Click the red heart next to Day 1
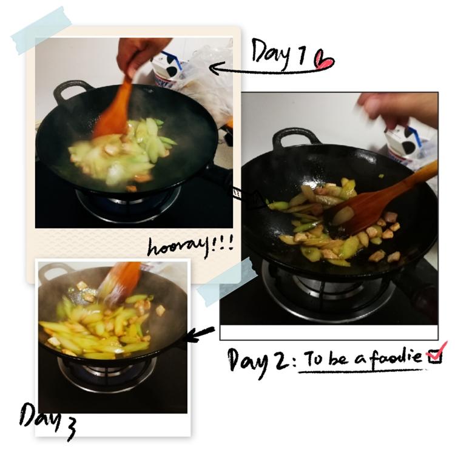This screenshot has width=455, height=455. point(324,60)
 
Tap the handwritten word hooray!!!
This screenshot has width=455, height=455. point(190,247)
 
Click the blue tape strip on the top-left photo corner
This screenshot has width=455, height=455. point(41,30)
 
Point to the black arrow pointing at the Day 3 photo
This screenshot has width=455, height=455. point(200,334)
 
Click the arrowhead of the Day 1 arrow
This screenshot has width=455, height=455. point(215,69)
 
